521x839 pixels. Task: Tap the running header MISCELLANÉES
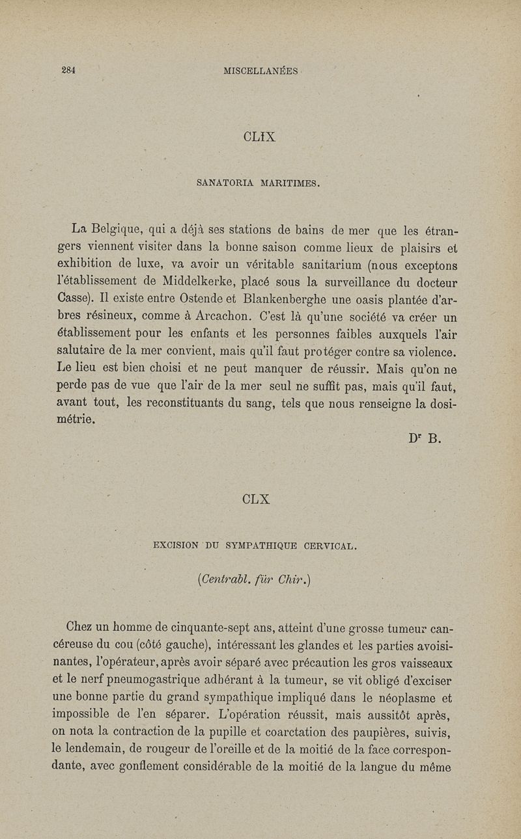[x=260, y=71]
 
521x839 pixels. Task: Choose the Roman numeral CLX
[x=255, y=499]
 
